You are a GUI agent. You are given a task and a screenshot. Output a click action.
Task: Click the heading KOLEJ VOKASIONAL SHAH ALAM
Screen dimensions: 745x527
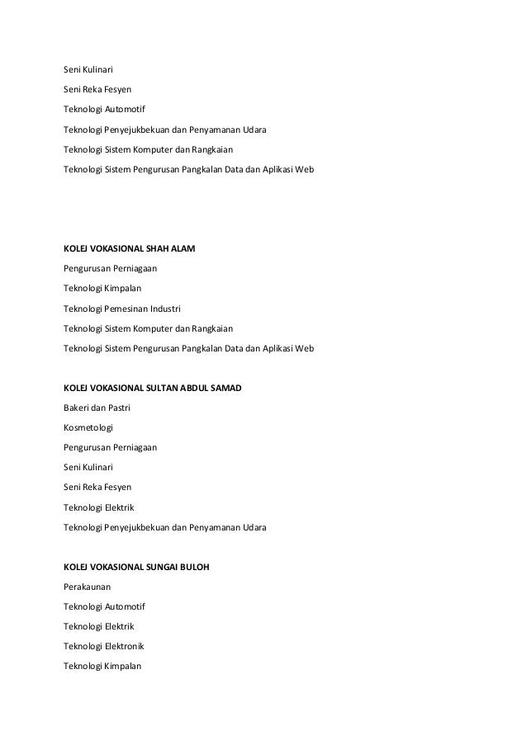click(130, 248)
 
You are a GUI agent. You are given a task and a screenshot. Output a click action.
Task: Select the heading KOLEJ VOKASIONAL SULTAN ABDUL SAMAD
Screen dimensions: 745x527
click(153, 387)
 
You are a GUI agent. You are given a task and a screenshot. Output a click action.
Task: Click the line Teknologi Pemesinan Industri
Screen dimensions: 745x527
click(121, 309)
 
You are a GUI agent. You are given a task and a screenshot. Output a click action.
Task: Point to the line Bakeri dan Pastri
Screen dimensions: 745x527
click(97, 408)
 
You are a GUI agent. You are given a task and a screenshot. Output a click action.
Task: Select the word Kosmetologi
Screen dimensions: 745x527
click(88, 427)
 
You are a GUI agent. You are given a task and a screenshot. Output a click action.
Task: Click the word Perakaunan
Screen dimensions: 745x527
click(88, 586)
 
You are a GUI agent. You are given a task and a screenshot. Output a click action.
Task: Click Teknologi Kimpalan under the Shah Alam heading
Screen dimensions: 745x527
click(102, 288)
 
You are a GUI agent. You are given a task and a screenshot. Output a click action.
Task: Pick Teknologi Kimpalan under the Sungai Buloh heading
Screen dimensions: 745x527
click(102, 666)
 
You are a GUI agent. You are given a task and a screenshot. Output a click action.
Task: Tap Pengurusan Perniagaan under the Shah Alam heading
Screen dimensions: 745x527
click(110, 268)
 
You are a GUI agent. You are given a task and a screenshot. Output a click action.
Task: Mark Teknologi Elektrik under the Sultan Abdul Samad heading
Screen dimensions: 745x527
click(98, 507)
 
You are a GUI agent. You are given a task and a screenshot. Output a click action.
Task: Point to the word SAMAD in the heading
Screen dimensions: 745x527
click(224, 387)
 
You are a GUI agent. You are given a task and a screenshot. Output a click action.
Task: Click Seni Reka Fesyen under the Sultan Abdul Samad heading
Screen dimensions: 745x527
click(97, 487)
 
